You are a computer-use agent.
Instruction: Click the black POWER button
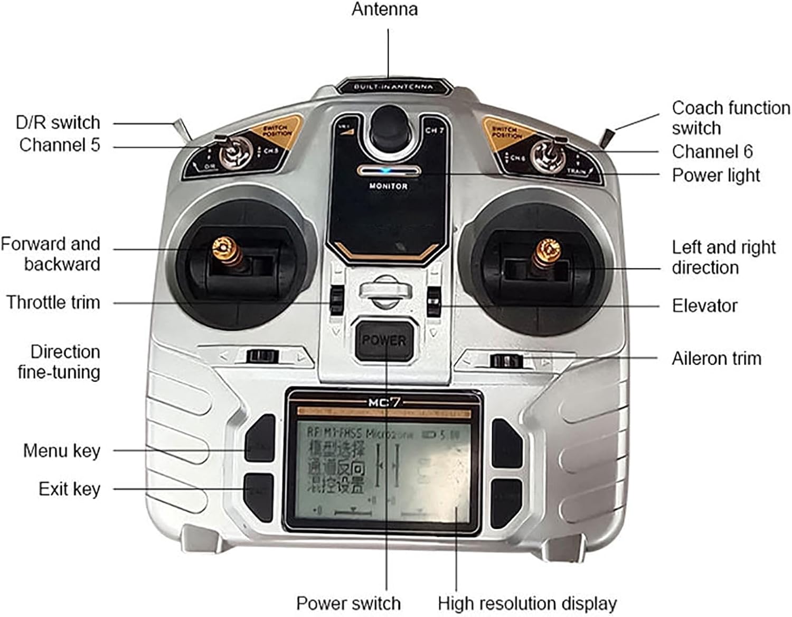[384, 340]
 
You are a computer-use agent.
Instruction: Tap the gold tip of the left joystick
[223, 246]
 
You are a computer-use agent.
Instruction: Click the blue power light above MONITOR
[389, 171]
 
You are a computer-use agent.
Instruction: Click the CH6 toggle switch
[549, 154]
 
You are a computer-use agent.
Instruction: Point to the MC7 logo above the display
[384, 402]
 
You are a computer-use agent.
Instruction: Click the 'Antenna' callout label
[384, 10]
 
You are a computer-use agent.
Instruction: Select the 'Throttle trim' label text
[53, 302]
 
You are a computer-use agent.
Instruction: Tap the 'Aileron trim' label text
[716, 358]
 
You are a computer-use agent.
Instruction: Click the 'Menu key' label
[62, 450]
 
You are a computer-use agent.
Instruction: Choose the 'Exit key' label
[69, 489]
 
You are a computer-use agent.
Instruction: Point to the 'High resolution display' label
[527, 603]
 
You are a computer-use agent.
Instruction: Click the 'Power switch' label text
[348, 603]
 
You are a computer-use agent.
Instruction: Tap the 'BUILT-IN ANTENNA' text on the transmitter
[393, 87]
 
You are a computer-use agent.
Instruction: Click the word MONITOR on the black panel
[388, 186]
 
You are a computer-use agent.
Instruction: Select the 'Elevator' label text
[704, 306]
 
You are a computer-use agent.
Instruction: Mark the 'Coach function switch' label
[731, 117]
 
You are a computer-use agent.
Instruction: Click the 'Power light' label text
[715, 175]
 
